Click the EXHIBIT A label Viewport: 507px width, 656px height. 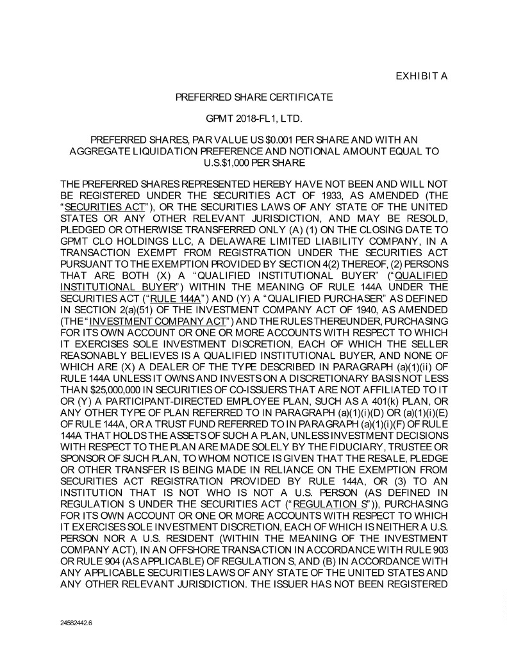[x=421, y=76]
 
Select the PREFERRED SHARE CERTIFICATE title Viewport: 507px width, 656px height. [x=254, y=97]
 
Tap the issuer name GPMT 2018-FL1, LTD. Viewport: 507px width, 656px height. [x=254, y=119]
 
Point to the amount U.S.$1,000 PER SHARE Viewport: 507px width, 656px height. [x=254, y=163]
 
